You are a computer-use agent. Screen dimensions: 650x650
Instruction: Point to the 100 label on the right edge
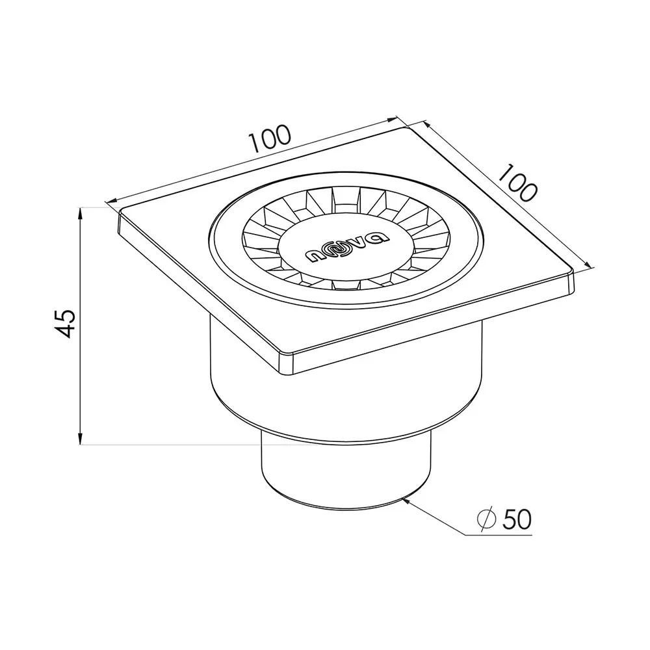click(x=517, y=183)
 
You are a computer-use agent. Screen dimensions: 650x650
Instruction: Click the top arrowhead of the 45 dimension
click(x=81, y=213)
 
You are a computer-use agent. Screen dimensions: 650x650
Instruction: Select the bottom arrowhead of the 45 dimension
click(x=81, y=438)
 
